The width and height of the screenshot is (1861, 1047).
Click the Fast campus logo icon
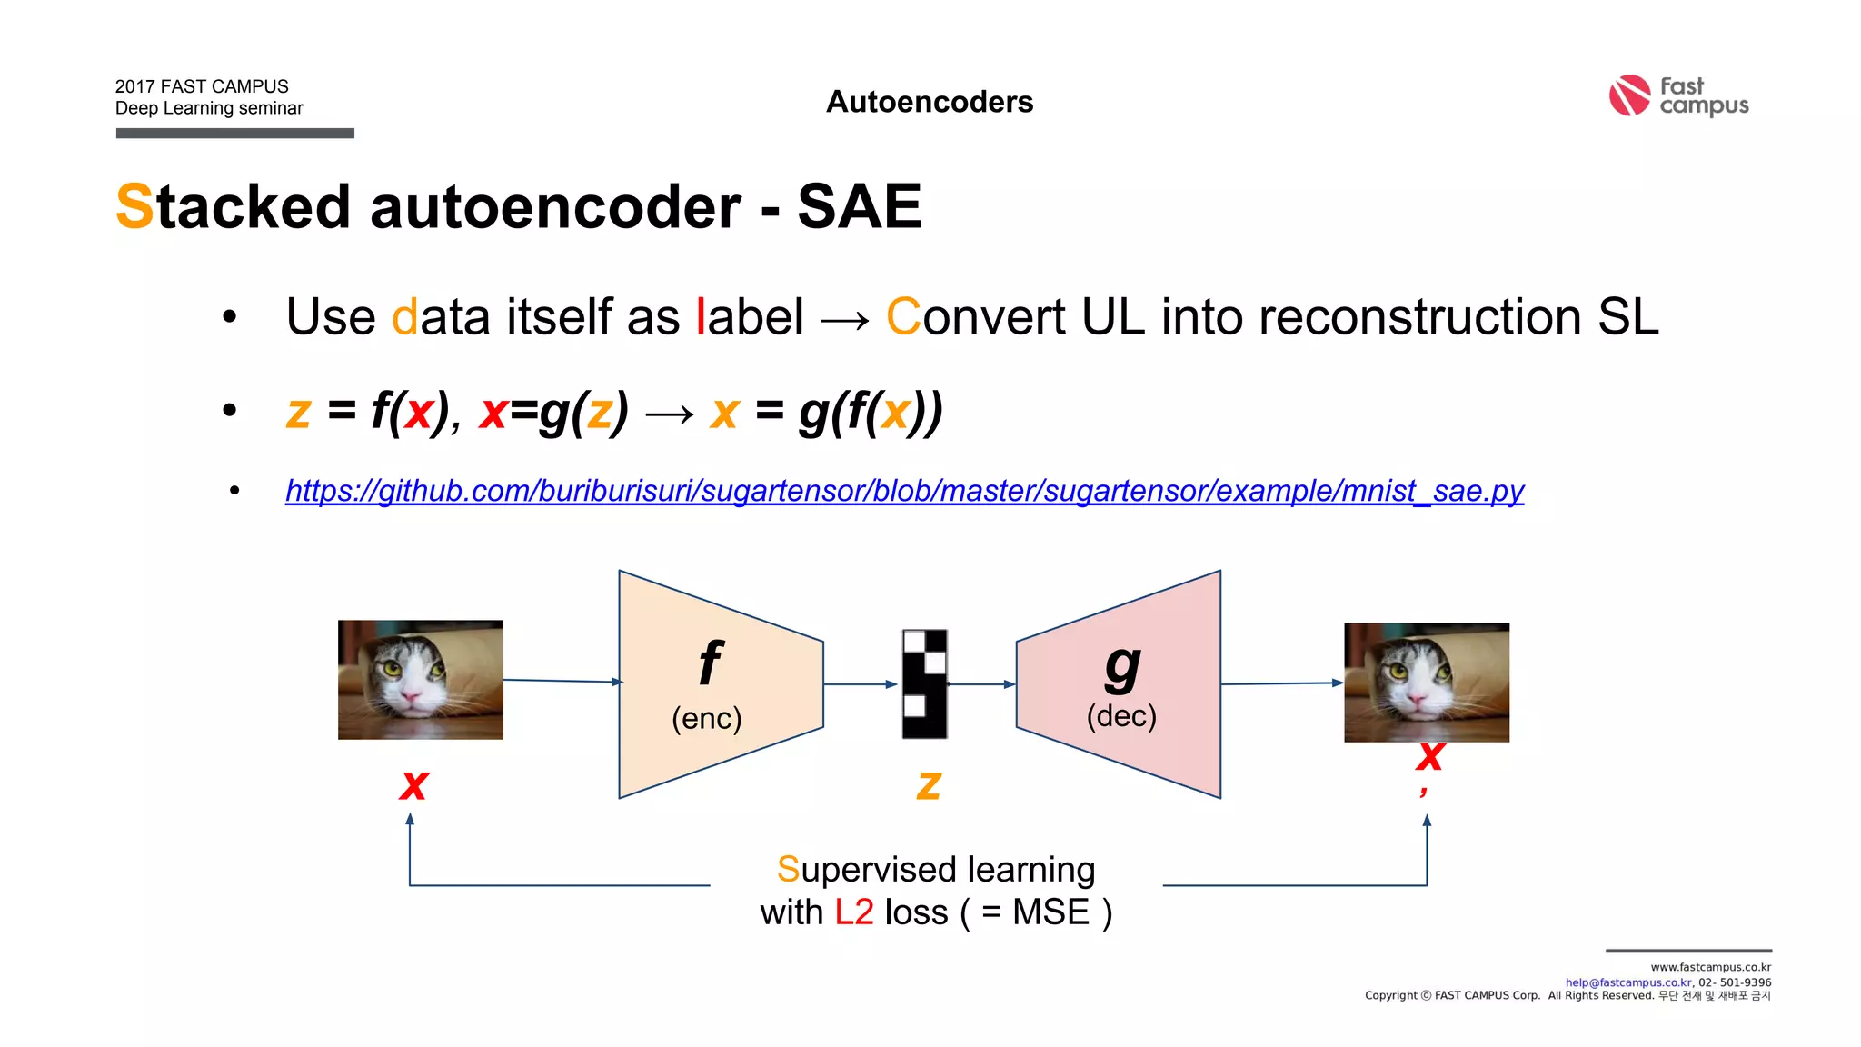point(1628,95)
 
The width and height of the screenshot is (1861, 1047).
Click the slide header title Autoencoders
point(929,102)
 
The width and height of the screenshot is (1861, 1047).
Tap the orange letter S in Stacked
point(134,207)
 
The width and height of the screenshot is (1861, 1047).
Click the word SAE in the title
point(859,207)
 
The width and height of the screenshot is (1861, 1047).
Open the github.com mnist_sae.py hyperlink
point(904,491)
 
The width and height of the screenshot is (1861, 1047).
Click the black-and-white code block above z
point(924,683)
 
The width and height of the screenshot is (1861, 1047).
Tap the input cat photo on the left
point(420,680)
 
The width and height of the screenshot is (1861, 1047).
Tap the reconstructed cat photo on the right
point(1426,682)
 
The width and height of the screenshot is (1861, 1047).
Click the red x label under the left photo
point(413,784)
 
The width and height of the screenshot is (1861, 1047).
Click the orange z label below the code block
point(928,784)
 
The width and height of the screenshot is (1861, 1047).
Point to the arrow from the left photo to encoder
point(561,681)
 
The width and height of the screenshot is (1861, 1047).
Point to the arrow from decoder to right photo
point(1281,683)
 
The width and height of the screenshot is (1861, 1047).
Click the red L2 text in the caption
point(853,912)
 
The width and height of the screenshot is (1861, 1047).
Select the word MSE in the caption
point(1050,912)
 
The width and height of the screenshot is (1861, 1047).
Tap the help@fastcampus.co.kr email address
point(1627,982)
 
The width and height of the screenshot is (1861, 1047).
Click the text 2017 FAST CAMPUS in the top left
point(202,86)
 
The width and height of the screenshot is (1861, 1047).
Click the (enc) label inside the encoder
point(706,719)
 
